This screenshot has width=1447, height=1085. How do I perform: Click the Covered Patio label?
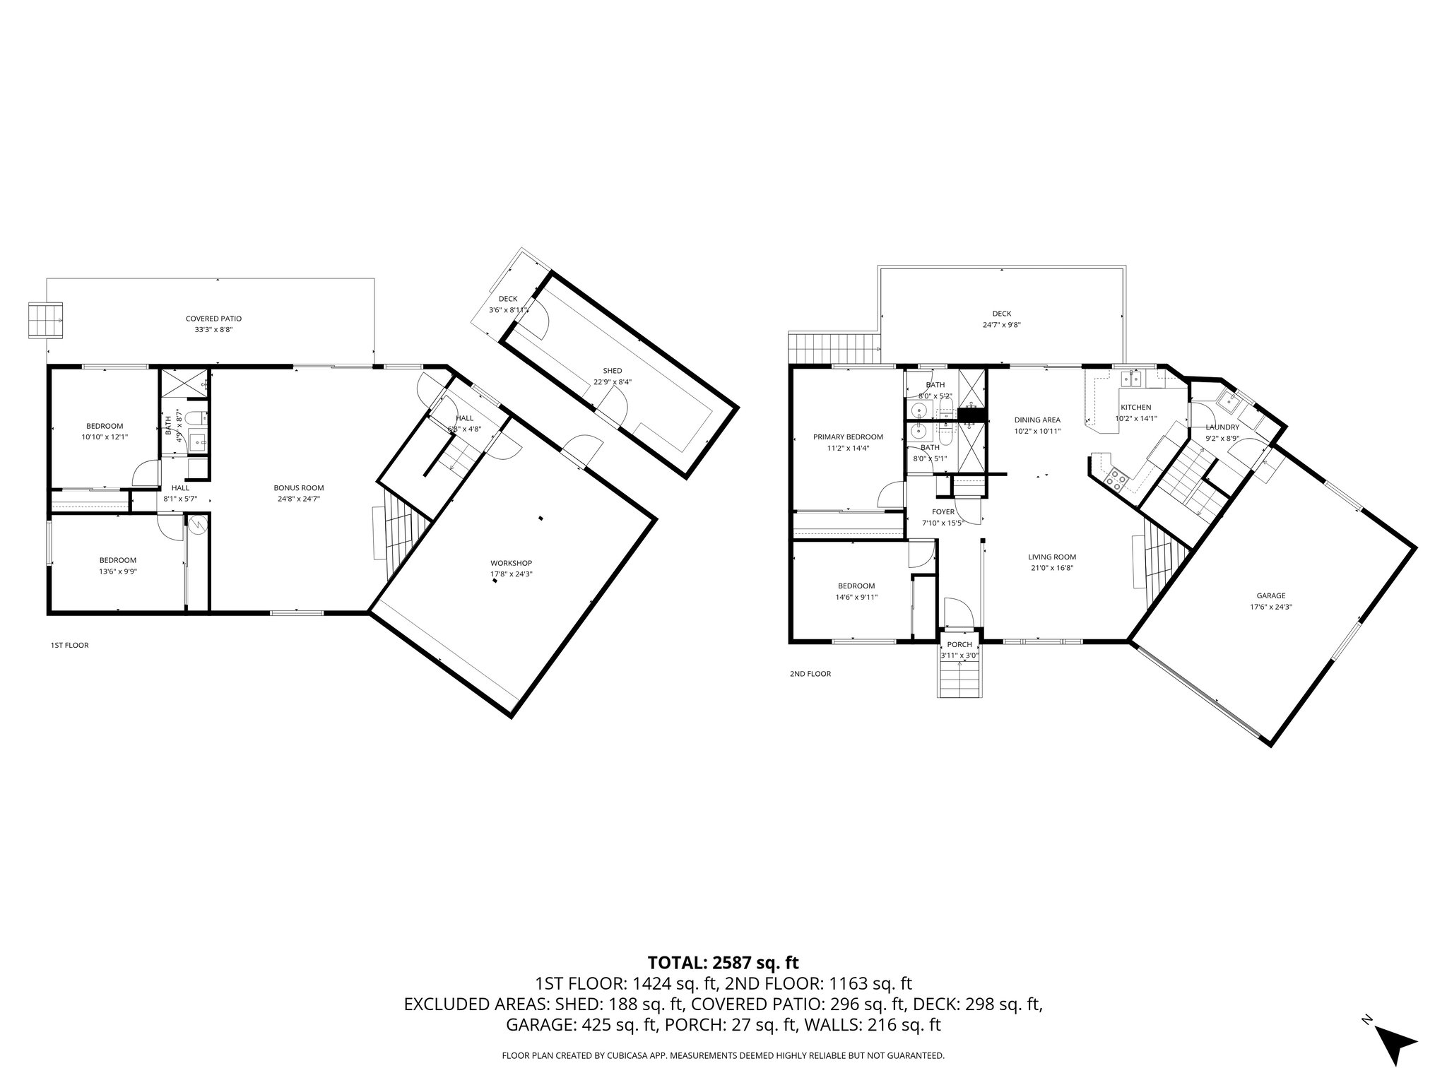click(213, 319)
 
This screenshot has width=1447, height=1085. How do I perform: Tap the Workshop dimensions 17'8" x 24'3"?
click(511, 574)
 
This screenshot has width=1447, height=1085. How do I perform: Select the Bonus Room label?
click(299, 487)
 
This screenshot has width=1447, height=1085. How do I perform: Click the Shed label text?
click(612, 371)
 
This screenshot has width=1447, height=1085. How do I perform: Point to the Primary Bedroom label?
click(848, 437)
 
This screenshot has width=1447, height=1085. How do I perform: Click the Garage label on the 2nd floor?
click(1270, 595)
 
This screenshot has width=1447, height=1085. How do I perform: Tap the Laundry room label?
click(1222, 427)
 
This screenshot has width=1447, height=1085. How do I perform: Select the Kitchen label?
click(1135, 408)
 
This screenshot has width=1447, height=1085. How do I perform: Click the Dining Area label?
click(1037, 420)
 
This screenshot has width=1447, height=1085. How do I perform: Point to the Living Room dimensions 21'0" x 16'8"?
click(1052, 567)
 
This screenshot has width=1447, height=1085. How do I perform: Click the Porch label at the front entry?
click(959, 645)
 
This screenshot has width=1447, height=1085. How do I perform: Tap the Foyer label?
click(943, 512)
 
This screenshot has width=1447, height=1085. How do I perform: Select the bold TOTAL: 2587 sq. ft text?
click(723, 962)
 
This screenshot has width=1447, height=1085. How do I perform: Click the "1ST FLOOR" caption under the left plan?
click(69, 645)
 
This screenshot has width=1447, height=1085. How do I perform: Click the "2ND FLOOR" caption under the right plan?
click(810, 674)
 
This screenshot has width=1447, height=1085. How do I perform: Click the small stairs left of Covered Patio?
click(46, 321)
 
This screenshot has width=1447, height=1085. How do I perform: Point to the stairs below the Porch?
click(959, 682)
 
